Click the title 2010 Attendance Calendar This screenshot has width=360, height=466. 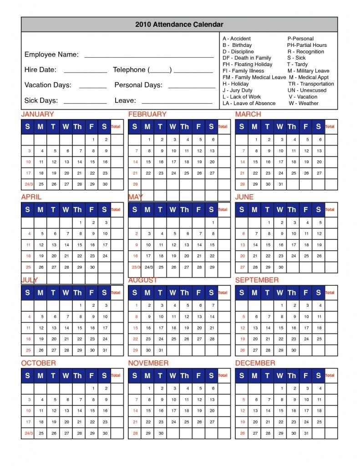click(179, 25)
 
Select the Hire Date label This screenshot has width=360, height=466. click(41, 70)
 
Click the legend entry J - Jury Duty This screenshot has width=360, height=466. click(238, 90)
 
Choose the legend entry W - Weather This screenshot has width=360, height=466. click(304, 103)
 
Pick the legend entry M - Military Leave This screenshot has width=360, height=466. click(308, 71)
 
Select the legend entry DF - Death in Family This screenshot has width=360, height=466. click(247, 58)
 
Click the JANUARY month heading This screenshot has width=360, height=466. click(37, 114)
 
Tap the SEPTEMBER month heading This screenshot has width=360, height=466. click(257, 280)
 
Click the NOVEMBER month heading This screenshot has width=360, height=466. click(148, 363)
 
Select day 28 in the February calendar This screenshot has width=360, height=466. click(135, 184)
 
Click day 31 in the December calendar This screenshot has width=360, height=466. click(307, 433)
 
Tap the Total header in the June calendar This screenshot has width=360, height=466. click(330, 210)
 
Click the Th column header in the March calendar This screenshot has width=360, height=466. click(292, 127)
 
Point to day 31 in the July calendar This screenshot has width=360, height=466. click(105, 350)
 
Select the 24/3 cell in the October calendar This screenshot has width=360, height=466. click(28, 433)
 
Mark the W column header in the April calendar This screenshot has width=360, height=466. click(66, 210)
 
